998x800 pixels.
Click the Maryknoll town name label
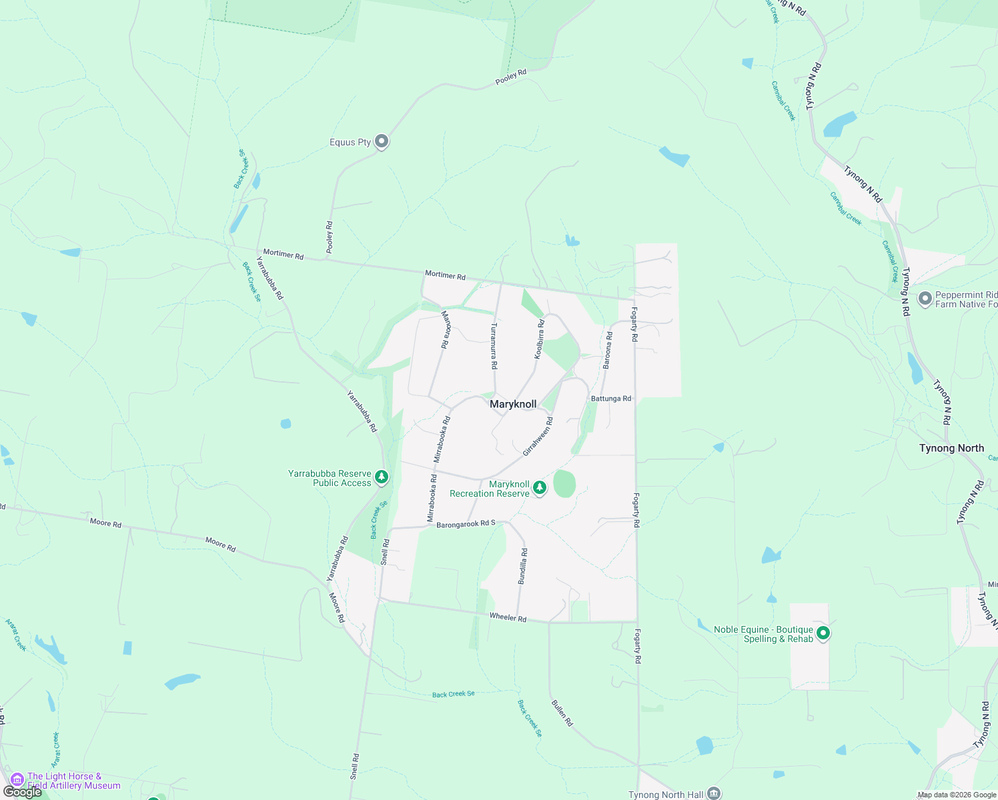point(513,404)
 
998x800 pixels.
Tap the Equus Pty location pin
point(382,141)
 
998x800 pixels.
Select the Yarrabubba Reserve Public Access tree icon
point(382,477)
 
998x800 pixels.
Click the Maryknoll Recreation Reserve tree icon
point(540,488)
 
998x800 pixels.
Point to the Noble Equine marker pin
point(823,633)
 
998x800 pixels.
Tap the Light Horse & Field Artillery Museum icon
point(18,779)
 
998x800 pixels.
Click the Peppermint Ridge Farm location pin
point(925,299)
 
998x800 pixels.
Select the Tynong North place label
point(951,448)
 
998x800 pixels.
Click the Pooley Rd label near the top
point(511,77)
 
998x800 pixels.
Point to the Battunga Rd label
point(611,399)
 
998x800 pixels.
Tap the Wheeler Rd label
point(508,617)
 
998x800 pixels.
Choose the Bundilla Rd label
point(524,566)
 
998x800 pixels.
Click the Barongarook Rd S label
point(466,524)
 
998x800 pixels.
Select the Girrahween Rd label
point(538,437)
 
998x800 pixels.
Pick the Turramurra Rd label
point(494,347)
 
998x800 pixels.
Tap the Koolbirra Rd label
point(539,339)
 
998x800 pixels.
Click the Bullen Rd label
point(562,713)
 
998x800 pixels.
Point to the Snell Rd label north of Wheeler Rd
point(385,553)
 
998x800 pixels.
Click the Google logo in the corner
point(22,792)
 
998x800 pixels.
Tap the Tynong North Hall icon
point(714,793)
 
